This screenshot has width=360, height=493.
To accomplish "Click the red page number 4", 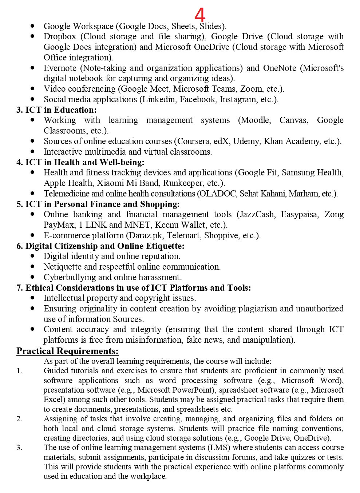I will coord(200,15).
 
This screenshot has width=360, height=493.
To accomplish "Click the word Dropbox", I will coord(60,36).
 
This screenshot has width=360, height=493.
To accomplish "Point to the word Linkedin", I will coord(159,99).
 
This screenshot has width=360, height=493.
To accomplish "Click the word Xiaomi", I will coord(112,183).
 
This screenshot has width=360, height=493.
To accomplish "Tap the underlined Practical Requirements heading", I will coord(67,351).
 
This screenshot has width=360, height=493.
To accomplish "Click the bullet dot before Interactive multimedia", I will coord(33,151).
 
